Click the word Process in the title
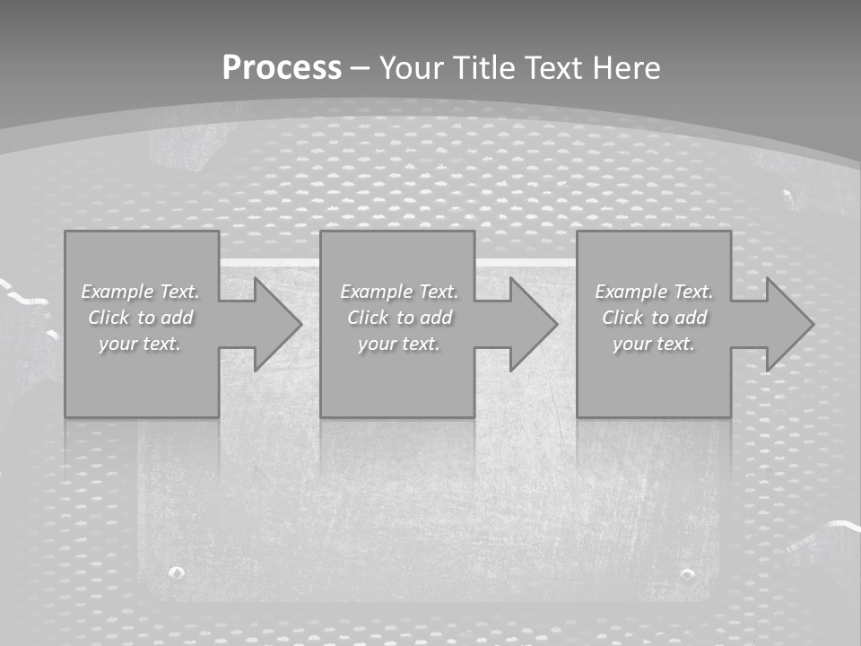coord(282,68)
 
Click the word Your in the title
coord(412,68)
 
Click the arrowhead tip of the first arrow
coord(300,324)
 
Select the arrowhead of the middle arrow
coord(538,324)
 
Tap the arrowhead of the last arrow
coord(794,324)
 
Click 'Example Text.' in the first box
coord(140,292)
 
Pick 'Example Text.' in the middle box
coord(399,292)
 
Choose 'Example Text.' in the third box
coord(654,292)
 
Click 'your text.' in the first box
coord(140,344)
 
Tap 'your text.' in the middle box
coord(399,344)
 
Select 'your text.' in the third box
coord(654,344)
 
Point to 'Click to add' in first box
coord(140,318)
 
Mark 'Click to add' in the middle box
coord(399,318)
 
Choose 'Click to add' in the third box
coord(654,318)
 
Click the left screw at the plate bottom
coord(177,572)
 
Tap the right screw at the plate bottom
coord(687,573)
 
